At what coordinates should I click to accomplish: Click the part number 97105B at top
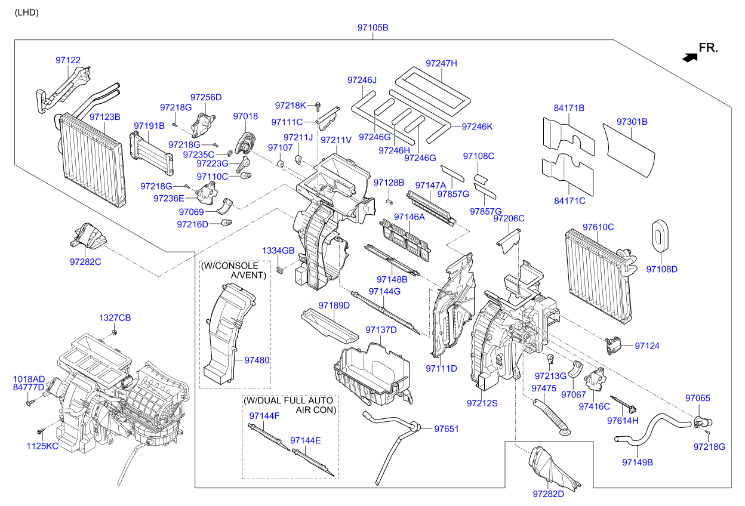pos(372,27)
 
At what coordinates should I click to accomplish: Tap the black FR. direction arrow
pos(690,57)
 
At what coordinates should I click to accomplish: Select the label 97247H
pos(441,63)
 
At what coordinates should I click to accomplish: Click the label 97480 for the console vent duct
pos(257,360)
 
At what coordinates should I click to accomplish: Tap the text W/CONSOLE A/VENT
pos(234,270)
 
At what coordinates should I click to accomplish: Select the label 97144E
pos(306,440)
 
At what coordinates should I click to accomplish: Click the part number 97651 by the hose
pos(447,428)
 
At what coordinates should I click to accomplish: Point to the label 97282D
pos(548,493)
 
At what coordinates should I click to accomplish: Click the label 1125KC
pos(42,446)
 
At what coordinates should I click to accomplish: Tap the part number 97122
pos(68,60)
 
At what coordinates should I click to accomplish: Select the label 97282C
pos(85,261)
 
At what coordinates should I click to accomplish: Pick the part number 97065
pos(697,398)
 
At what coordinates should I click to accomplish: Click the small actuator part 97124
pos(613,344)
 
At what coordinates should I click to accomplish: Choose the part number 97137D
pos(381,330)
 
